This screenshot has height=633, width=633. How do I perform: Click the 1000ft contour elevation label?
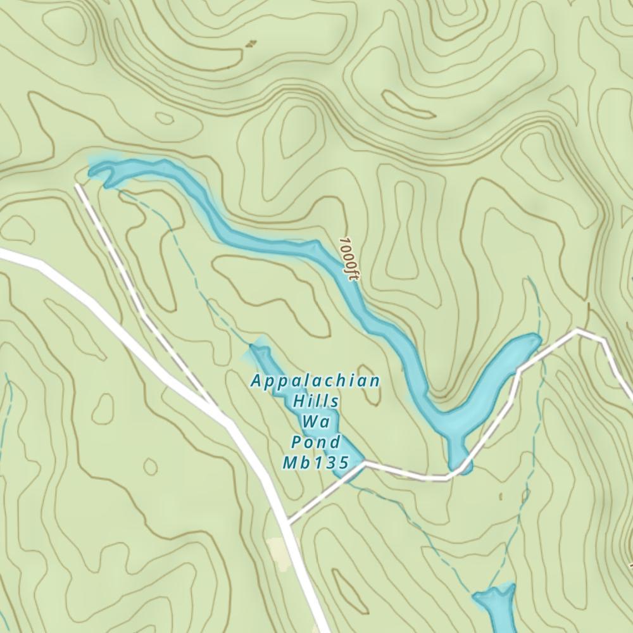tap(349, 260)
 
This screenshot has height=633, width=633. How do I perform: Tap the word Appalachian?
tap(315, 381)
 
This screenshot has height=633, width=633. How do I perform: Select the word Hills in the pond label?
tap(316, 401)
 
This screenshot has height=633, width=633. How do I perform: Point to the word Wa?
tap(315, 422)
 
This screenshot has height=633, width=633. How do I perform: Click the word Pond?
tap(316, 442)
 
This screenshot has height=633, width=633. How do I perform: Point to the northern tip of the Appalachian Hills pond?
tap(254, 346)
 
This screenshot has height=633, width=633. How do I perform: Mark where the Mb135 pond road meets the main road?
tap(288, 523)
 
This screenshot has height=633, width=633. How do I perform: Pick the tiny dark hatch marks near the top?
tap(251, 44)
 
